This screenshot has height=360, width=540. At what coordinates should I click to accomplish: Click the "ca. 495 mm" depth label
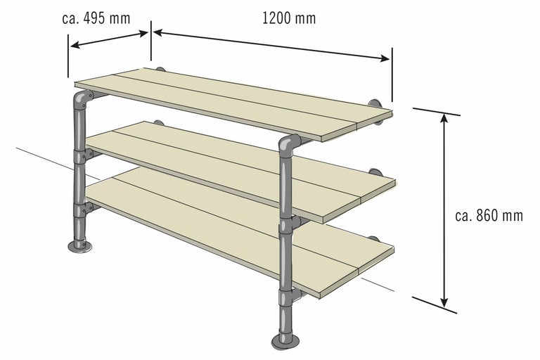point(96,18)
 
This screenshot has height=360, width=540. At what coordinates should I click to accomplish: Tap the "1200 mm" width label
point(289,18)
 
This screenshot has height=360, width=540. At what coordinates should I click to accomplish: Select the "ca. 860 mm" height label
point(489,216)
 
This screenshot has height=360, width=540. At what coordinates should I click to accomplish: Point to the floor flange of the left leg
point(80,245)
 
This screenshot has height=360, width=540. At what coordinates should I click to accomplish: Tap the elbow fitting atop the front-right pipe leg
point(288,145)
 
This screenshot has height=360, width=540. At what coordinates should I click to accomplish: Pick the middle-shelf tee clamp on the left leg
point(82,155)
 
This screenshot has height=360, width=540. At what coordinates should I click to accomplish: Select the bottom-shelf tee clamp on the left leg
point(83,210)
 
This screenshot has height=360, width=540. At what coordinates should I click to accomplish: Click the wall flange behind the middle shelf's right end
point(374,172)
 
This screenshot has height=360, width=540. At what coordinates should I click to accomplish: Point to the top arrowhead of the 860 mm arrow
point(444,118)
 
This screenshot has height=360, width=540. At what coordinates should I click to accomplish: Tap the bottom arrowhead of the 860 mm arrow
point(444,302)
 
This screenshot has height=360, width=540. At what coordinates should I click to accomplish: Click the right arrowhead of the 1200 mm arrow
point(385,58)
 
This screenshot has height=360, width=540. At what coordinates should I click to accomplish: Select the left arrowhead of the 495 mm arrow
point(75,45)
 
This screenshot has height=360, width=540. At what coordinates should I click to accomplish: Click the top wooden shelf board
point(233,103)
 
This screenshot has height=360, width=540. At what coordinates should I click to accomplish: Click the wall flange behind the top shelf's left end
point(160,69)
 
